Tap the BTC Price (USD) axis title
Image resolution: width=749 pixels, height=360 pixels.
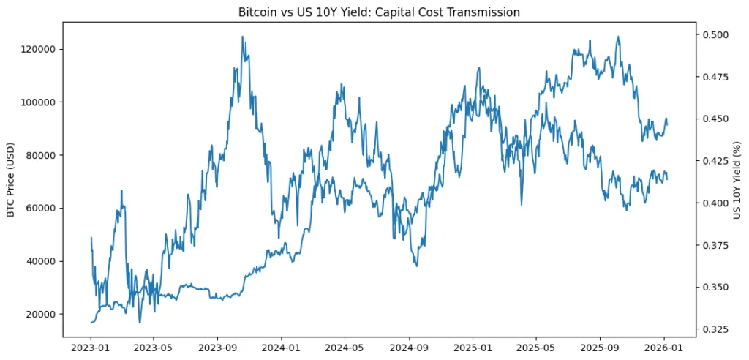tap(11, 179)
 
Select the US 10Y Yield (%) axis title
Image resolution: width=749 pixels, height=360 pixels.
tap(738, 179)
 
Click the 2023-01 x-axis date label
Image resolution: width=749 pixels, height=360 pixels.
tap(91, 348)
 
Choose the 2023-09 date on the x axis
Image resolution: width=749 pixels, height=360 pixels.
tap(218, 348)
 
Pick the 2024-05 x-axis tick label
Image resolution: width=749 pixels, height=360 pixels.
tap(345, 348)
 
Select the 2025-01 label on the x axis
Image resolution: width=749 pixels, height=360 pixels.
tap(473, 348)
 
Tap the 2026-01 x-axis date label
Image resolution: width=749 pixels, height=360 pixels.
tap(663, 348)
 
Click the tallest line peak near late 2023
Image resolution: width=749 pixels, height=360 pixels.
tap(243, 37)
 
